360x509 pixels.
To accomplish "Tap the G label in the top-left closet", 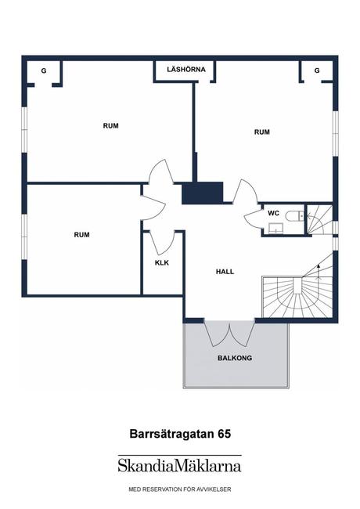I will pos(44,71).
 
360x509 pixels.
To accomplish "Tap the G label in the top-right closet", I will pos(317,71).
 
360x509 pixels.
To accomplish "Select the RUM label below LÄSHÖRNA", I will pos(261,132).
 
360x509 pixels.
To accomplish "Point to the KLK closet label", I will pos(163,263).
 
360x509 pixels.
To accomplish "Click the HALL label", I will pos(225,272).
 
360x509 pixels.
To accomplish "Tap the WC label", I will pos(273,213).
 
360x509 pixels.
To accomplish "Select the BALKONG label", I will pos(236,358).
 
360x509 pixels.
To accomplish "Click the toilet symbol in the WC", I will pos(293,215).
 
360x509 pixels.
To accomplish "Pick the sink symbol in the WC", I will pos(275,229).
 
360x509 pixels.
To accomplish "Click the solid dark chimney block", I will pos(203,193).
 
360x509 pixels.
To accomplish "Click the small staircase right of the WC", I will pos(319,220).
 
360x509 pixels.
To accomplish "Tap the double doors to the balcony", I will pos(229,333).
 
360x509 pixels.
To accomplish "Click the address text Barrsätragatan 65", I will pos(179,431).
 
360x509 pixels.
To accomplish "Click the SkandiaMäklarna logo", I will pos(179,465).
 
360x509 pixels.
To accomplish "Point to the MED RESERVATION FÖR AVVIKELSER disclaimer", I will pos(179,489).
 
